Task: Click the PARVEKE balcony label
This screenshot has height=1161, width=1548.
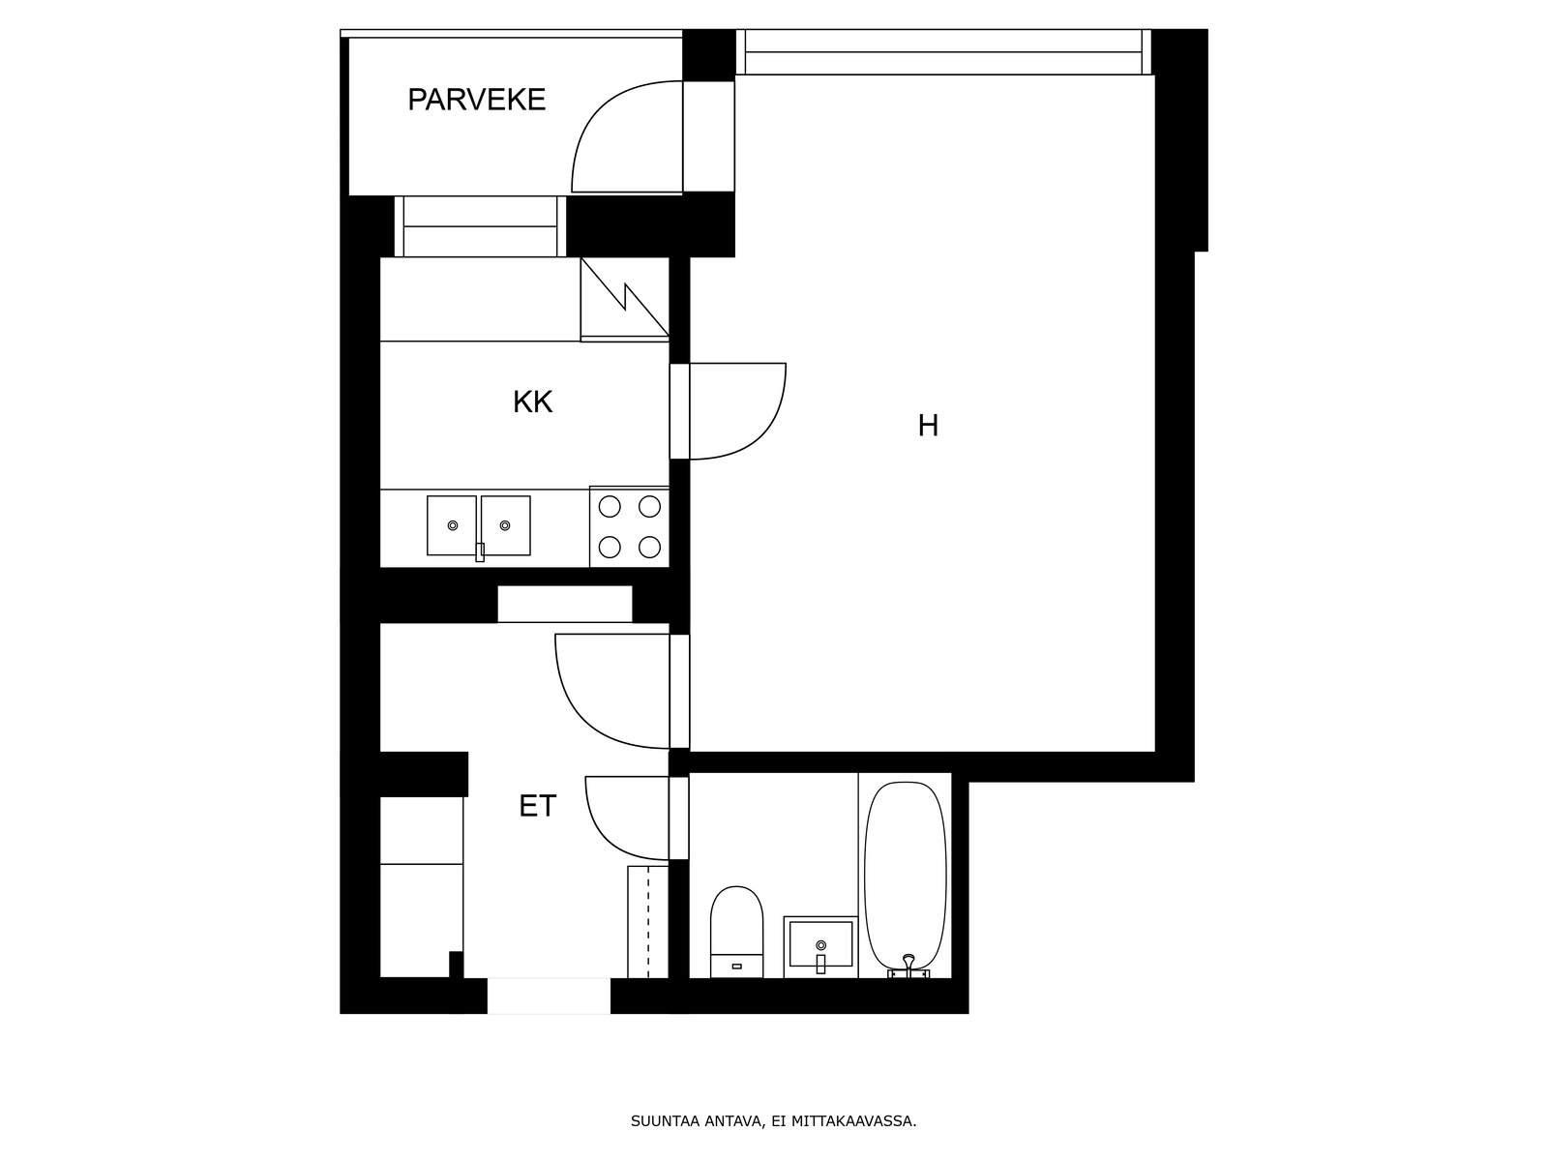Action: (x=477, y=100)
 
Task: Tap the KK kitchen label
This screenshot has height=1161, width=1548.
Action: (x=532, y=402)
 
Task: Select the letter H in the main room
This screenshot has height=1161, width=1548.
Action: (x=928, y=426)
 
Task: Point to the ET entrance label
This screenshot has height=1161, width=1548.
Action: (x=537, y=806)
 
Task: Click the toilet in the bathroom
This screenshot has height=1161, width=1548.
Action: (x=736, y=932)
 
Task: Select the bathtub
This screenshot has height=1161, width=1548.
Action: (x=906, y=878)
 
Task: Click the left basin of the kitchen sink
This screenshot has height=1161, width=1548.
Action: (x=452, y=525)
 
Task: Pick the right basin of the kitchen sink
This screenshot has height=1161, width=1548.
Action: (x=506, y=525)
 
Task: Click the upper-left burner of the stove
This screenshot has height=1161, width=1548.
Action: (x=610, y=506)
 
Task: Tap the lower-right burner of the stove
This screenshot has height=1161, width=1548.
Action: (x=649, y=547)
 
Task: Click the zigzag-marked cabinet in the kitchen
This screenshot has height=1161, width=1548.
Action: (x=625, y=299)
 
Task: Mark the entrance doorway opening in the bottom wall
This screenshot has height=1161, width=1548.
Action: (x=549, y=997)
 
